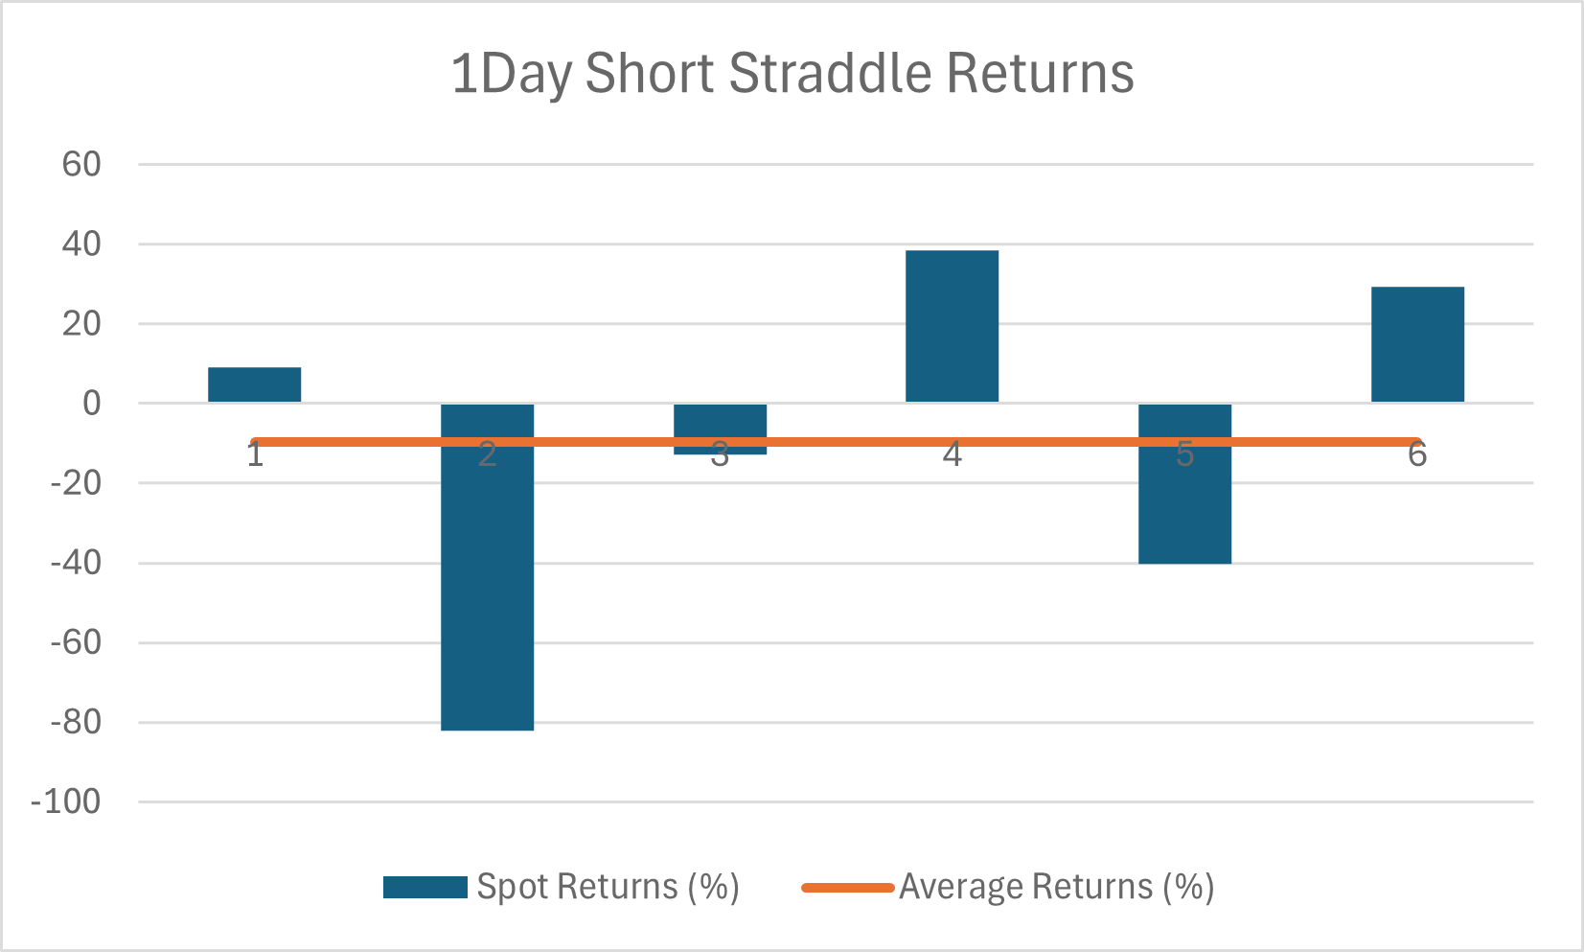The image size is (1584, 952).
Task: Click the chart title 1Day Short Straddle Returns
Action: [792, 74]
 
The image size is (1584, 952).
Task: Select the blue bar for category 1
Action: [255, 384]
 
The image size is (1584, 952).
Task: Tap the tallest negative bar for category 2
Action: [487, 567]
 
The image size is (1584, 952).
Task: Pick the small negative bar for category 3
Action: [720, 429]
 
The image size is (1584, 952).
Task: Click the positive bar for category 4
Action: [952, 326]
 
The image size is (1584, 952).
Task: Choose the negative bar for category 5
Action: [1184, 484]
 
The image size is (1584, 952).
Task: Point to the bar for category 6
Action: [1417, 344]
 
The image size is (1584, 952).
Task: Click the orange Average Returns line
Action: [836, 442]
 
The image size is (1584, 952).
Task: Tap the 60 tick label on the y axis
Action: [81, 165]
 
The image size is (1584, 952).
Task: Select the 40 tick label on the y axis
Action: [81, 244]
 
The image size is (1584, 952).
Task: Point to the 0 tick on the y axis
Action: [92, 404]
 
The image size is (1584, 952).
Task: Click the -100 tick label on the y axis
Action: [66, 802]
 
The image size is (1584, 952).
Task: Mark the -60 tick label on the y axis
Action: [76, 643]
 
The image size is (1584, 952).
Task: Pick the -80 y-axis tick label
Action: [76, 723]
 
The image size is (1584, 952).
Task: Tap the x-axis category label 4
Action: [952, 454]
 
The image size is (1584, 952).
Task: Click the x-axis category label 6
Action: [1417, 454]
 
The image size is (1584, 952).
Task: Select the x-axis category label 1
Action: [255, 454]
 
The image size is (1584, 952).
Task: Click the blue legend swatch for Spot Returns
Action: [425, 887]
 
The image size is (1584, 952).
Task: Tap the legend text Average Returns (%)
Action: [1056, 887]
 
